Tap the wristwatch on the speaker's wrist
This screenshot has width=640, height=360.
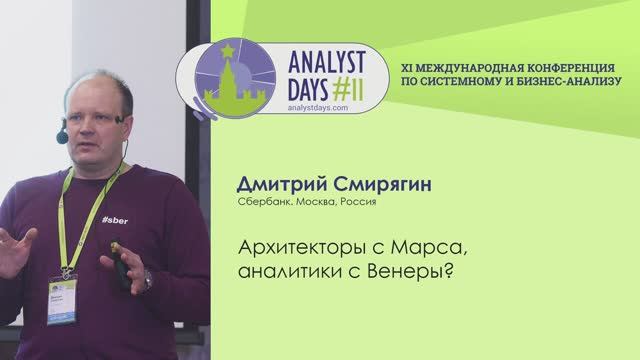tap(147, 279)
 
